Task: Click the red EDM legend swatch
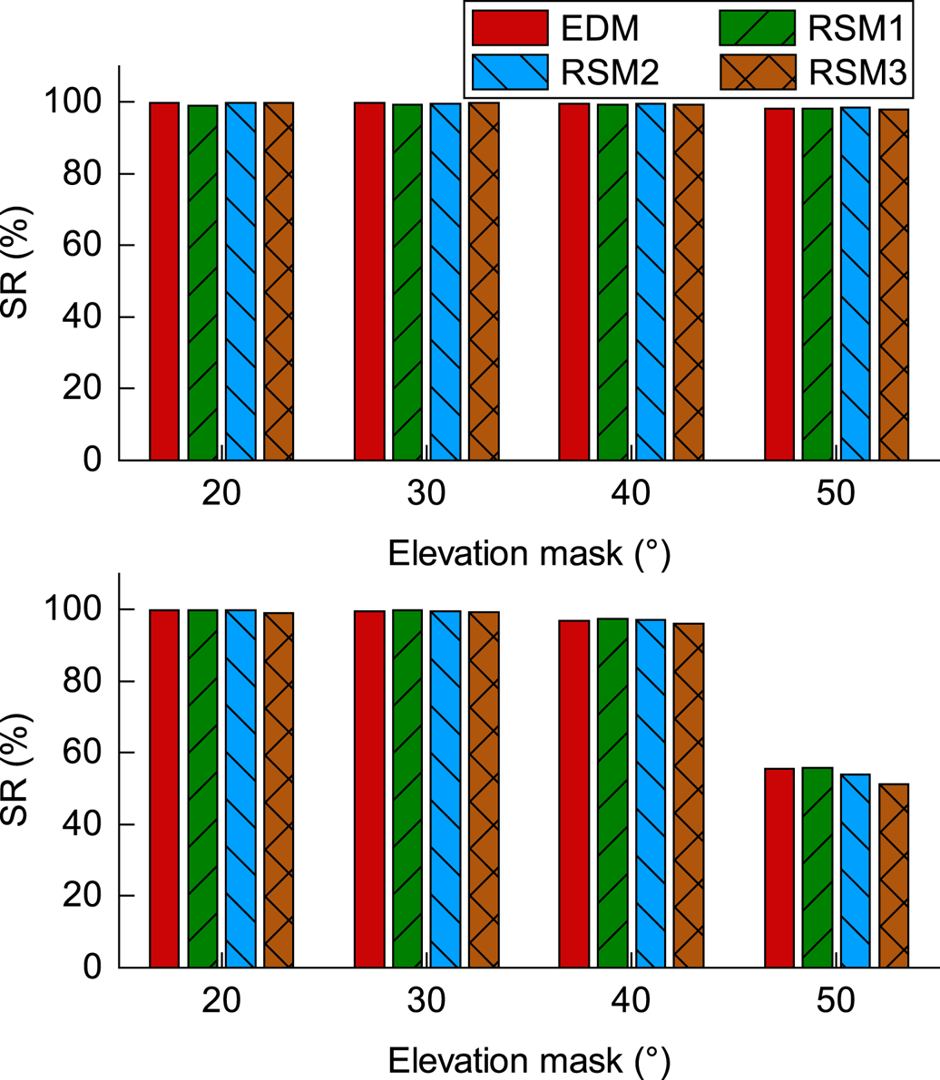(511, 28)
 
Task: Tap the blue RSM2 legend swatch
(511, 73)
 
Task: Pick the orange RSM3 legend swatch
(758, 73)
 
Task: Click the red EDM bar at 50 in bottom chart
(779, 868)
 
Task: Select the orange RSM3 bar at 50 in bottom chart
(894, 875)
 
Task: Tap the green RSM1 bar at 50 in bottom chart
(818, 867)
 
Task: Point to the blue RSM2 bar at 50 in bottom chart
(856, 871)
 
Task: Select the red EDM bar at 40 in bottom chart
(574, 793)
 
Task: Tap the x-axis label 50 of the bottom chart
(835, 1001)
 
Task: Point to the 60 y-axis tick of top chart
(87, 246)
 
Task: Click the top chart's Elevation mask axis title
(529, 552)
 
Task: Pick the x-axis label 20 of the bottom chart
(220, 1001)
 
